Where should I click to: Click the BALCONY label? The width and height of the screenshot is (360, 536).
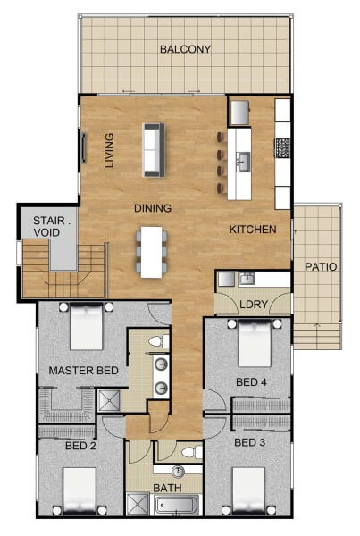(185, 49)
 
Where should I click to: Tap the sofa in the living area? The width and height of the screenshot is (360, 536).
(154, 150)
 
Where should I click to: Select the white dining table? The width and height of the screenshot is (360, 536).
(152, 252)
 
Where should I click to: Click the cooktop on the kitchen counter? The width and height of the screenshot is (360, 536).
(283, 147)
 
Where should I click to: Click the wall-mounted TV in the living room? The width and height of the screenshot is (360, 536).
(83, 148)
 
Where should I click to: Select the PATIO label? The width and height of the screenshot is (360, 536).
(321, 266)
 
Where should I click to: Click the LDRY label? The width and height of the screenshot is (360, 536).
(254, 304)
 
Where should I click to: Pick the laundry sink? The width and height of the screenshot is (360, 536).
(247, 279)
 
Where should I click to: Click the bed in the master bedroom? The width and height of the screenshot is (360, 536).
(86, 326)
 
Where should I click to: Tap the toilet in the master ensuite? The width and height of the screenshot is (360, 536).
(159, 341)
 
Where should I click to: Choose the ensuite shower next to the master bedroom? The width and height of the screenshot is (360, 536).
(109, 400)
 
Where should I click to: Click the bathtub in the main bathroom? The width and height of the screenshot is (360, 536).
(176, 506)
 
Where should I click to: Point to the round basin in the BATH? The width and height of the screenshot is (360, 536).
(178, 472)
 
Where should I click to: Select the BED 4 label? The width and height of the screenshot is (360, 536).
(251, 381)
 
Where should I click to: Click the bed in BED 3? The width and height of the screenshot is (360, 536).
(248, 491)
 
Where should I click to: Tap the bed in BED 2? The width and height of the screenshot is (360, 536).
(80, 491)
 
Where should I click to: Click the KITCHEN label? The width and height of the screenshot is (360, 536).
(253, 230)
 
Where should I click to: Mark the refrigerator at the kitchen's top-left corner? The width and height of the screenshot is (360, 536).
(239, 113)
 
